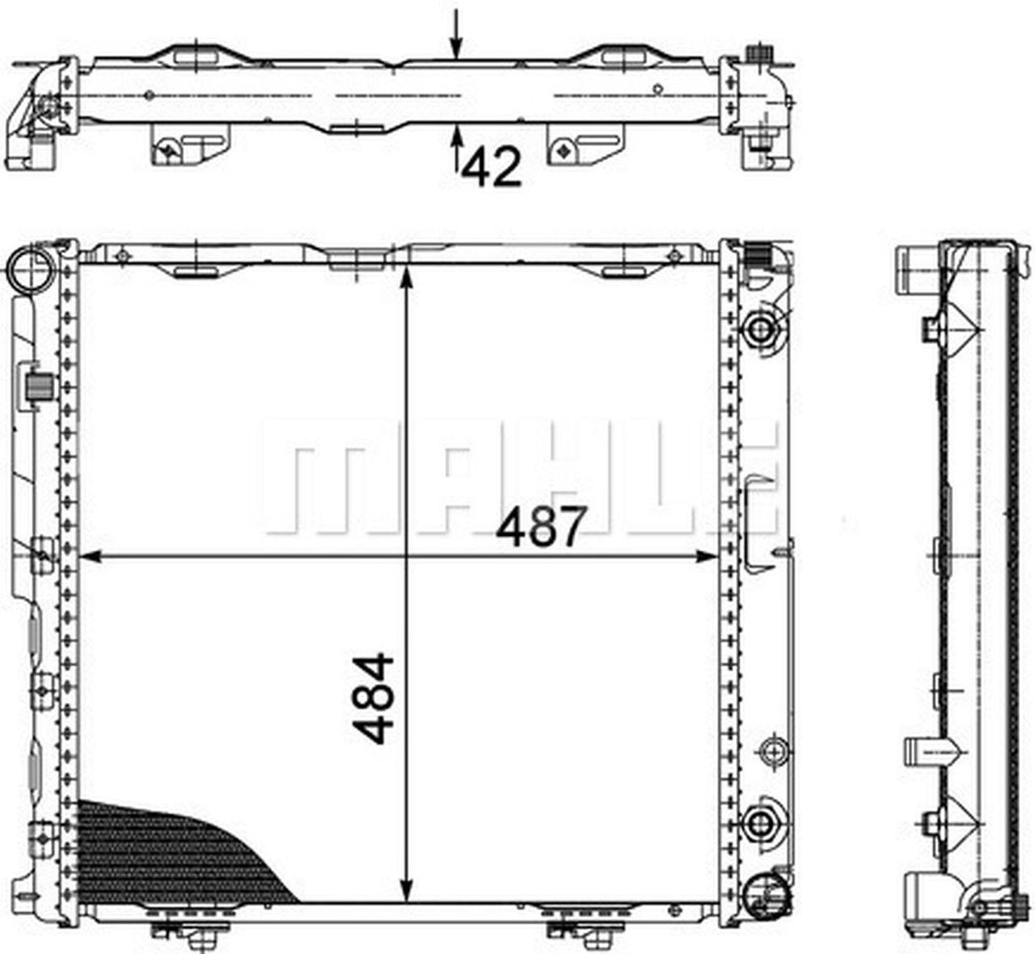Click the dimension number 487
pyautogui.click(x=539, y=527)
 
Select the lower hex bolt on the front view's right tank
pyautogui.click(x=760, y=823)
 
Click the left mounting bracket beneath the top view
pyautogui.click(x=190, y=148)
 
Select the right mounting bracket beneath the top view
pyautogui.click(x=585, y=148)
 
